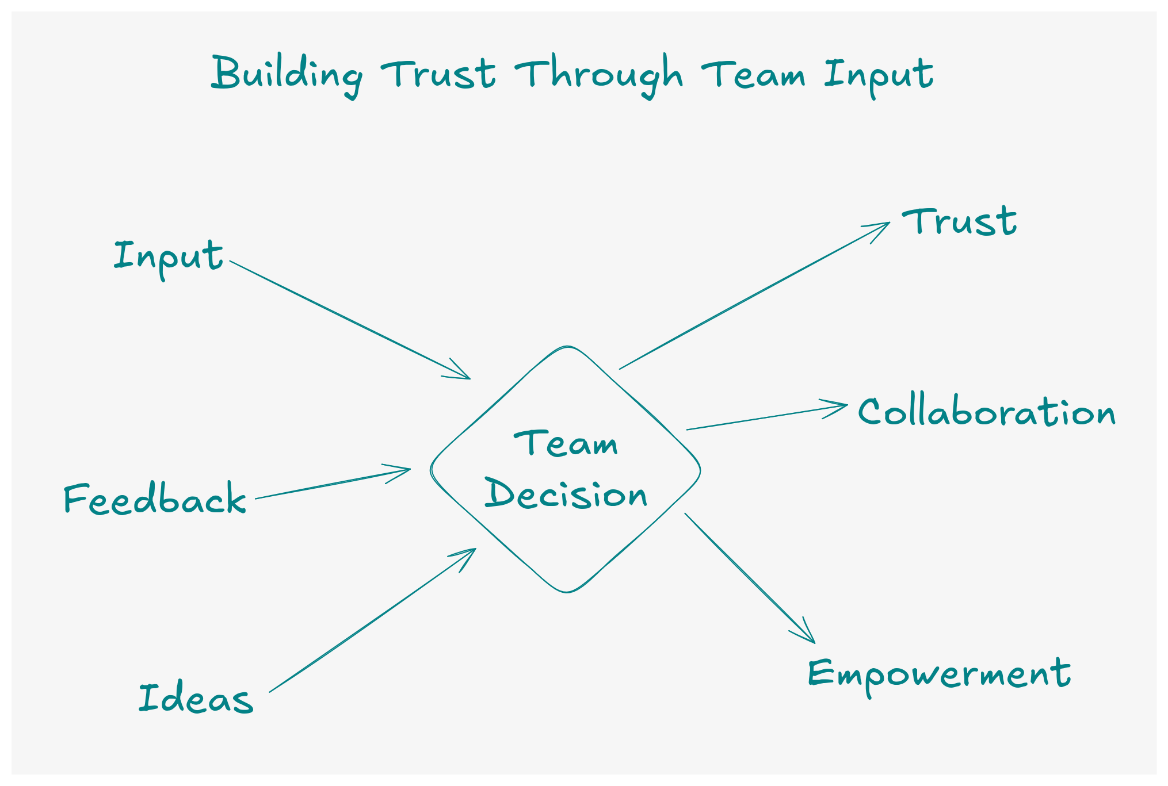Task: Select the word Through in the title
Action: (x=598, y=75)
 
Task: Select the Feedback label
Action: (x=154, y=498)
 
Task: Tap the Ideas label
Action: (x=196, y=698)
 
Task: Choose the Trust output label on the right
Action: (x=959, y=222)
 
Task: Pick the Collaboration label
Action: (x=986, y=412)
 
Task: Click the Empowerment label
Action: (x=939, y=674)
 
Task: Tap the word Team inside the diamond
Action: (x=566, y=444)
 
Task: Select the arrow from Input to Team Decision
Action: (x=350, y=320)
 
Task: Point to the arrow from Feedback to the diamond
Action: (x=333, y=484)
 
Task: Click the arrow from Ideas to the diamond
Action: (x=373, y=620)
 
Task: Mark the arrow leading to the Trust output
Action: (x=755, y=296)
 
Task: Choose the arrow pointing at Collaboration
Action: (x=766, y=417)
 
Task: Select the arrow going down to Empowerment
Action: (x=749, y=577)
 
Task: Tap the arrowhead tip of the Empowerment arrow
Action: (x=814, y=642)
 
